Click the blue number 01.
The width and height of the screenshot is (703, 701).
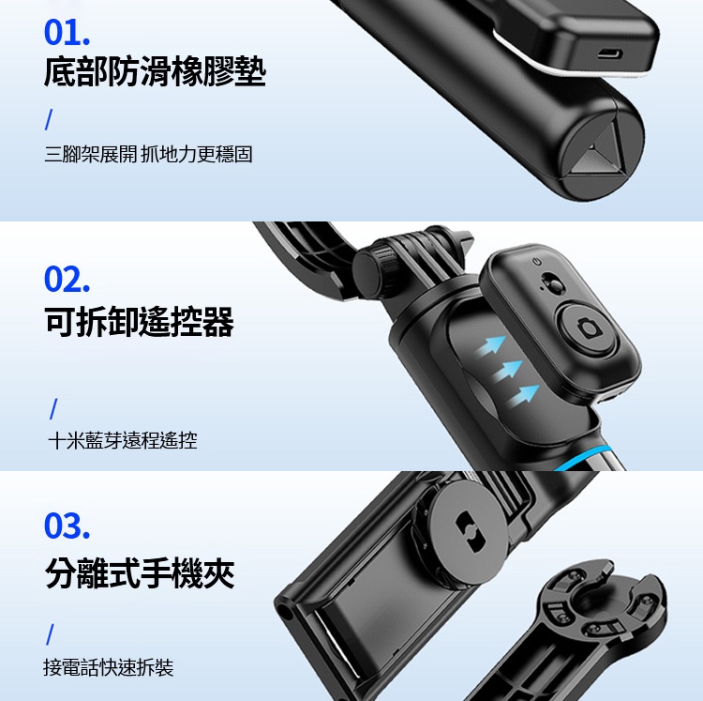click(x=67, y=33)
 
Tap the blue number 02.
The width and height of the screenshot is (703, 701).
click(x=67, y=280)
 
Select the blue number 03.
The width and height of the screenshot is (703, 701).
click(x=67, y=526)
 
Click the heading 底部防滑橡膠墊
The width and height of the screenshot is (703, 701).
click(x=155, y=71)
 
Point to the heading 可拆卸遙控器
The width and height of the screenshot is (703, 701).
click(x=139, y=322)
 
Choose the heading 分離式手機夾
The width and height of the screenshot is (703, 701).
click(x=140, y=572)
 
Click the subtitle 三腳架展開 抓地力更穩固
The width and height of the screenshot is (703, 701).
click(x=148, y=154)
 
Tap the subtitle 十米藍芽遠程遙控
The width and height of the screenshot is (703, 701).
click(x=123, y=440)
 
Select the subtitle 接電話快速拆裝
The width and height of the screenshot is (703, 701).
click(x=108, y=667)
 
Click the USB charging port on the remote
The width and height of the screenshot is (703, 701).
click(x=609, y=54)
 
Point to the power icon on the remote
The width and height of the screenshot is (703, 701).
click(x=537, y=261)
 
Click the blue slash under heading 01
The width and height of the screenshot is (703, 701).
click(x=49, y=120)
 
